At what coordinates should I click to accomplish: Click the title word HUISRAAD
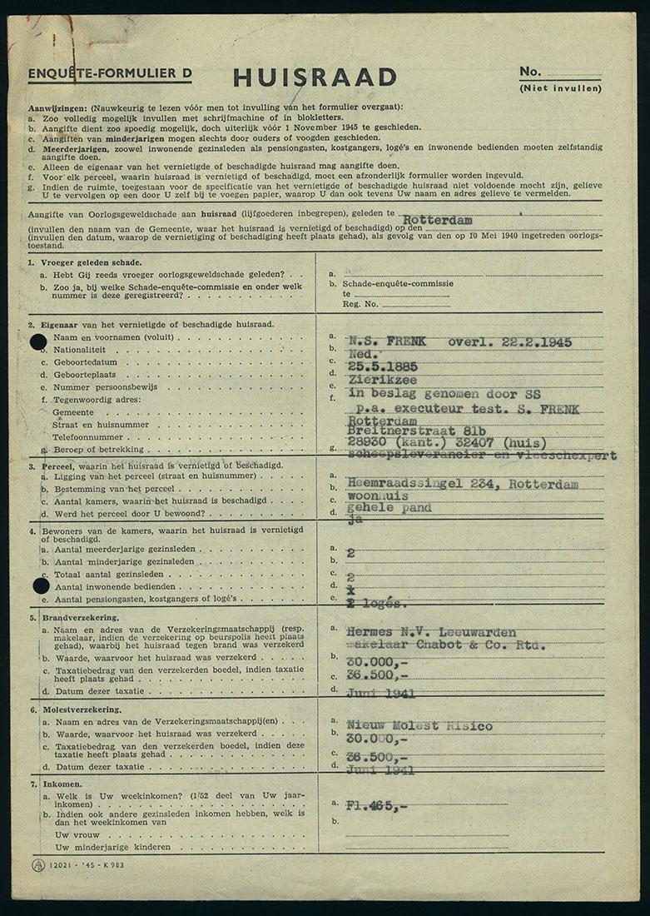[315, 77]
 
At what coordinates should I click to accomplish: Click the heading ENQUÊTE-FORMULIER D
[110, 73]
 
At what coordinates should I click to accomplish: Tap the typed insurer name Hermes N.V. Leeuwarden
[431, 632]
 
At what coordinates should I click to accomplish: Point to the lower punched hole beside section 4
[40, 585]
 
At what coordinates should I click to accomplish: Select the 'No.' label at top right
[529, 72]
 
